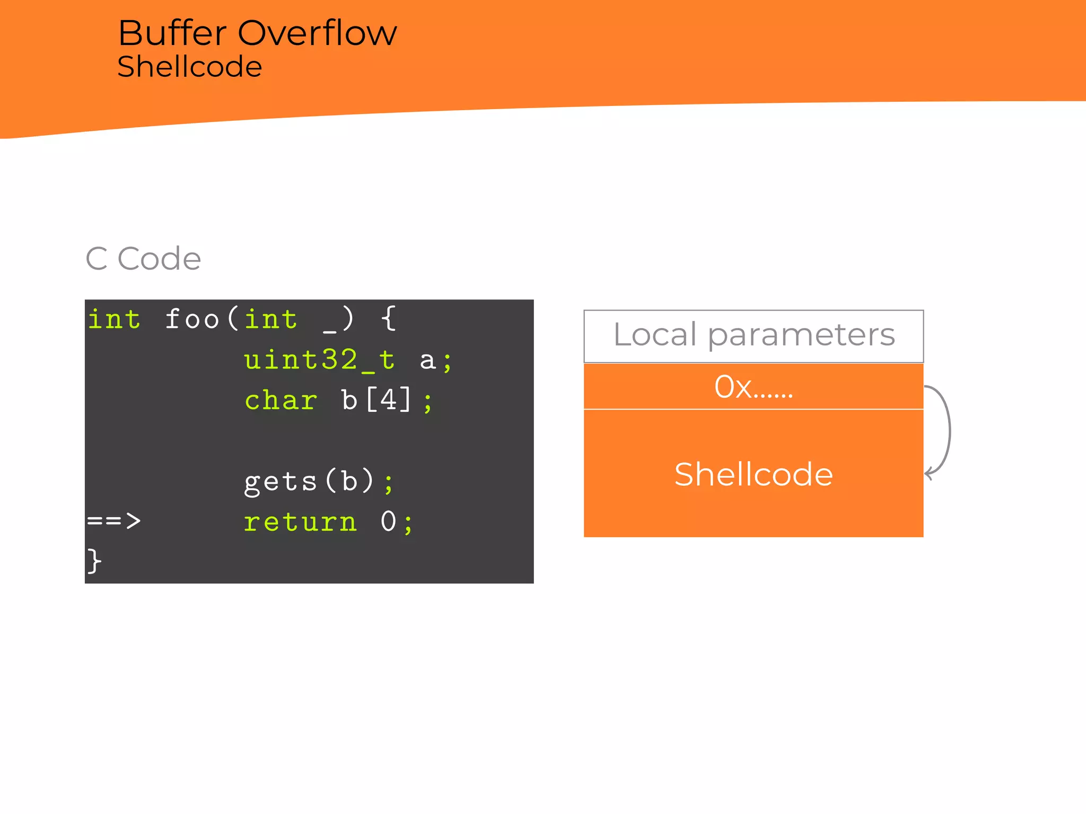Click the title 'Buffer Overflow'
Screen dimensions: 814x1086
(257, 33)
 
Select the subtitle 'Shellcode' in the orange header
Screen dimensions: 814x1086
(189, 67)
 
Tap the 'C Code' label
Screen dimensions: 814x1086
(143, 259)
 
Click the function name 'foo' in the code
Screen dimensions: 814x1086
(191, 320)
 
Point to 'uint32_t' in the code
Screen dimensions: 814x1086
(319, 360)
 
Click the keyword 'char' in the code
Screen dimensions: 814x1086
(281, 401)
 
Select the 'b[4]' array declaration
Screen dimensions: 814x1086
(376, 400)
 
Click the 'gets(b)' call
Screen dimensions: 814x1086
(309, 481)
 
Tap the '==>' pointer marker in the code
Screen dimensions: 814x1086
(113, 521)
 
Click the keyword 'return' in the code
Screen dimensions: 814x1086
(300, 522)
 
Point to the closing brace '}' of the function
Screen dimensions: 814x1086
(94, 561)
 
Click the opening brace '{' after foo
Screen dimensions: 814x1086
(389, 318)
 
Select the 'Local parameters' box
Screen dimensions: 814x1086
(754, 336)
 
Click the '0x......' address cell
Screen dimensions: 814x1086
(754, 387)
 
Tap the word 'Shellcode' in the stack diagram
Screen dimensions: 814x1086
(754, 474)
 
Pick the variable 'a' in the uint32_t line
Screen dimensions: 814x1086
(427, 361)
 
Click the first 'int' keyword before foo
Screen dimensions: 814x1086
(114, 320)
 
